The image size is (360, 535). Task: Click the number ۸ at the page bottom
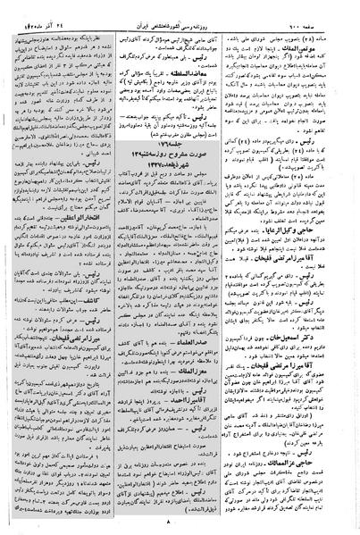179,527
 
